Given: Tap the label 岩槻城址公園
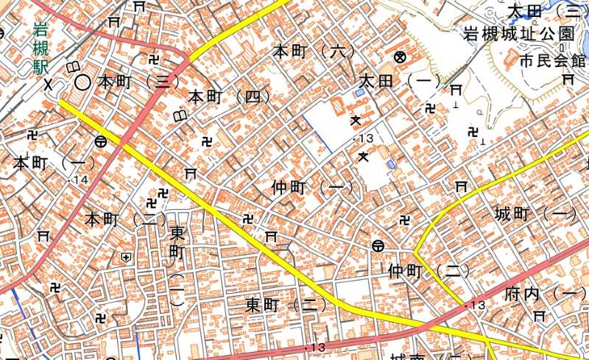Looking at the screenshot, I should tap(528, 34).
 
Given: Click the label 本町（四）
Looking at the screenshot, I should tap(229, 96).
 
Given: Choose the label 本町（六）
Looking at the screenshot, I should tap(314, 52).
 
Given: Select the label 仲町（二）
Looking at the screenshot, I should tap(428, 272).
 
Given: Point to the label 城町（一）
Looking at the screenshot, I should tap(535, 215).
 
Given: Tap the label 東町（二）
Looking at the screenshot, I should tap(286, 305).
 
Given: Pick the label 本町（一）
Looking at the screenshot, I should tap(54, 163).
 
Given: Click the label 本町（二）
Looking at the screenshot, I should tap(126, 219).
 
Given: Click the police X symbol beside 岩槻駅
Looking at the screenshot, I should tap(49, 84).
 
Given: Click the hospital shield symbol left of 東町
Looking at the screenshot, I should tap(127, 257).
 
